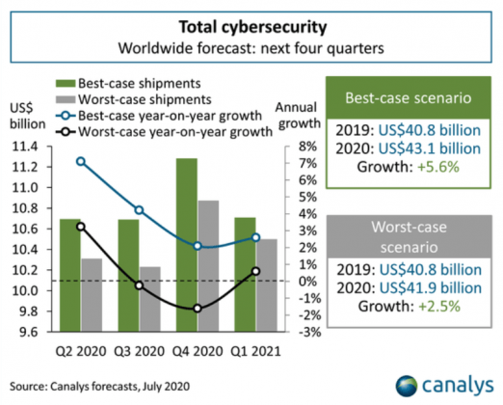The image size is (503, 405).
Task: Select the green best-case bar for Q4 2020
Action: point(188,245)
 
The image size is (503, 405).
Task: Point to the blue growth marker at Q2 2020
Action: point(81,162)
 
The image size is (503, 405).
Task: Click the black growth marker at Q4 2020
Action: point(198,309)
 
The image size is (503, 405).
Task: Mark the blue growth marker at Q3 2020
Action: point(140,210)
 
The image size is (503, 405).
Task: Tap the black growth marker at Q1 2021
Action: point(254,271)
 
